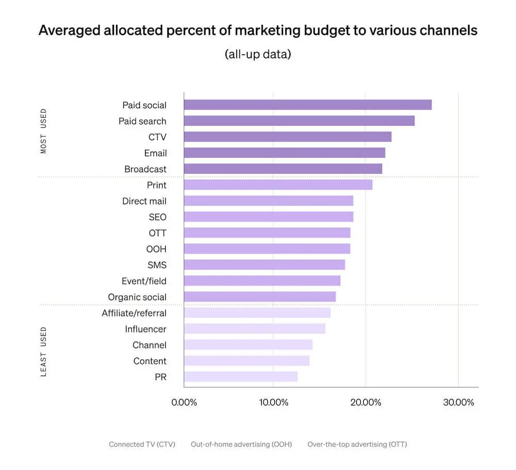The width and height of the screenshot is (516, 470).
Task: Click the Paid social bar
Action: [x=308, y=105]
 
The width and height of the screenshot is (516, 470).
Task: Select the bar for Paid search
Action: [x=299, y=121]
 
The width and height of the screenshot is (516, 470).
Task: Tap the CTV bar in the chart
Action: [x=287, y=137]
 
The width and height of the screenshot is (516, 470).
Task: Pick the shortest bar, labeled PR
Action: [x=240, y=377]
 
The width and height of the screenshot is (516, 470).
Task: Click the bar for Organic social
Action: [x=260, y=297]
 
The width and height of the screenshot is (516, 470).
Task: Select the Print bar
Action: [x=278, y=185]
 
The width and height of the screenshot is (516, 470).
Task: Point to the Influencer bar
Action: [x=254, y=329]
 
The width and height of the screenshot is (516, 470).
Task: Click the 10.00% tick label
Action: [x=273, y=402]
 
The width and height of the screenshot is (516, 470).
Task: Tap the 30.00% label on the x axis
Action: [x=458, y=402]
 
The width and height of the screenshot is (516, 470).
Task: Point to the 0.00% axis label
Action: [x=184, y=402]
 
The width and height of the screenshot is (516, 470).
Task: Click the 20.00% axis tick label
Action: [x=365, y=402]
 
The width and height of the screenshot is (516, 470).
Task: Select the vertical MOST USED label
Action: [x=43, y=131]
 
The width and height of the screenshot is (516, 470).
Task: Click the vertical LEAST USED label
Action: [x=43, y=351]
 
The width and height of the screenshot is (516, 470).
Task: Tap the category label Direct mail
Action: [x=144, y=201]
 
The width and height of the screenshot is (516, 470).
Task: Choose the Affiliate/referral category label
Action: [x=134, y=313]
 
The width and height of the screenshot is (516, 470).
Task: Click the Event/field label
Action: [x=144, y=281]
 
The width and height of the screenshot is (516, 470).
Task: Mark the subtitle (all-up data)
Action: [x=258, y=54]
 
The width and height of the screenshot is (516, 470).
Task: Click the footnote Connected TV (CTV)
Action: [x=142, y=444]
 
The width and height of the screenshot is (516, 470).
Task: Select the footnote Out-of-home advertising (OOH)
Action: [x=241, y=444]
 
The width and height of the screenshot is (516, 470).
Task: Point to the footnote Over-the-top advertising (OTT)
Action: [x=357, y=444]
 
